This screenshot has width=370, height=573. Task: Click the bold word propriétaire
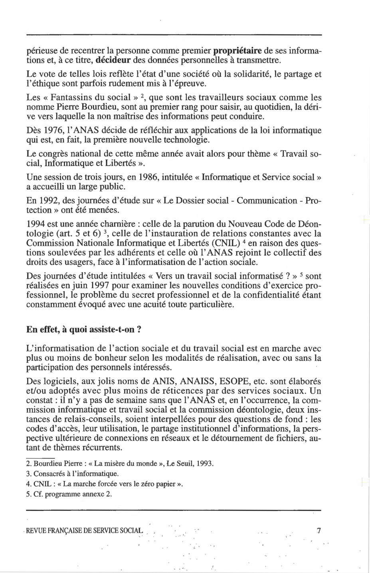click(238, 51)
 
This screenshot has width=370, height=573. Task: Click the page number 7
click(318, 531)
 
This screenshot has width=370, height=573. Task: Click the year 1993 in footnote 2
click(206, 464)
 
